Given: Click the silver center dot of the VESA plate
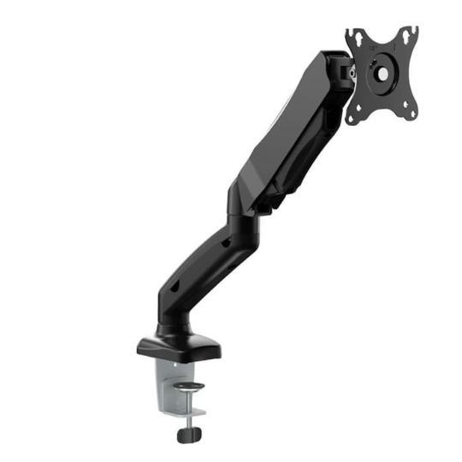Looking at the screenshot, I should click(382, 74).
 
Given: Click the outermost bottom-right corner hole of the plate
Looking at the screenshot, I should click(412, 113).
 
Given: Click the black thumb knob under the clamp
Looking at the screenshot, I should click(189, 433).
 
